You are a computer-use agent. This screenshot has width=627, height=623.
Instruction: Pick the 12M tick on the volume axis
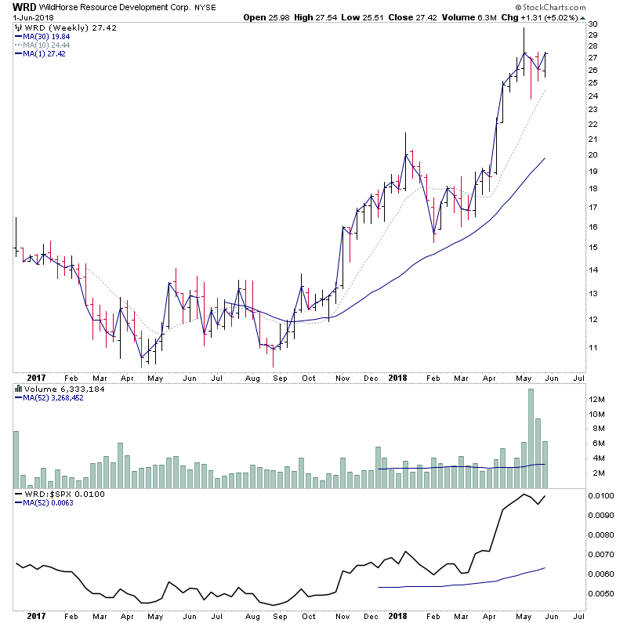tap(597, 400)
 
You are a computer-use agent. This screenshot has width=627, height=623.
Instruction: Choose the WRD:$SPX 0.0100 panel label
tap(53, 494)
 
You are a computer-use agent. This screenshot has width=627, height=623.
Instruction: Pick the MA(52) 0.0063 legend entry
tap(46, 504)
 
